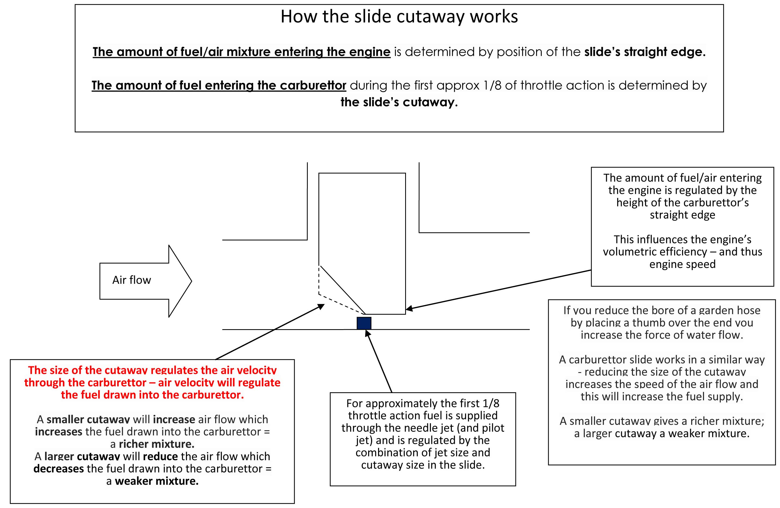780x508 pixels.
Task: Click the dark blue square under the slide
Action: pyautogui.click(x=364, y=323)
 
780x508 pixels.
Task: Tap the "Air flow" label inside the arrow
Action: pyautogui.click(x=131, y=280)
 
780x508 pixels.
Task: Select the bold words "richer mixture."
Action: pyautogui.click(x=156, y=444)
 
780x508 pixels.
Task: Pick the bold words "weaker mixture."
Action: pyautogui.click(x=157, y=481)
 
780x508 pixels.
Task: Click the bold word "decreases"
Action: pyautogui.click(x=59, y=468)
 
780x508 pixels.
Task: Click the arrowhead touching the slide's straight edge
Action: pyautogui.click(x=410, y=308)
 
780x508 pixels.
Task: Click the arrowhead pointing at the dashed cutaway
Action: pyautogui.click(x=321, y=307)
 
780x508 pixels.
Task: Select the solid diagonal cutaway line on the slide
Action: pyautogui.click(x=342, y=290)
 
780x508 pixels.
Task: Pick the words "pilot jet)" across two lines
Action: pyautogui.click(x=423, y=434)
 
